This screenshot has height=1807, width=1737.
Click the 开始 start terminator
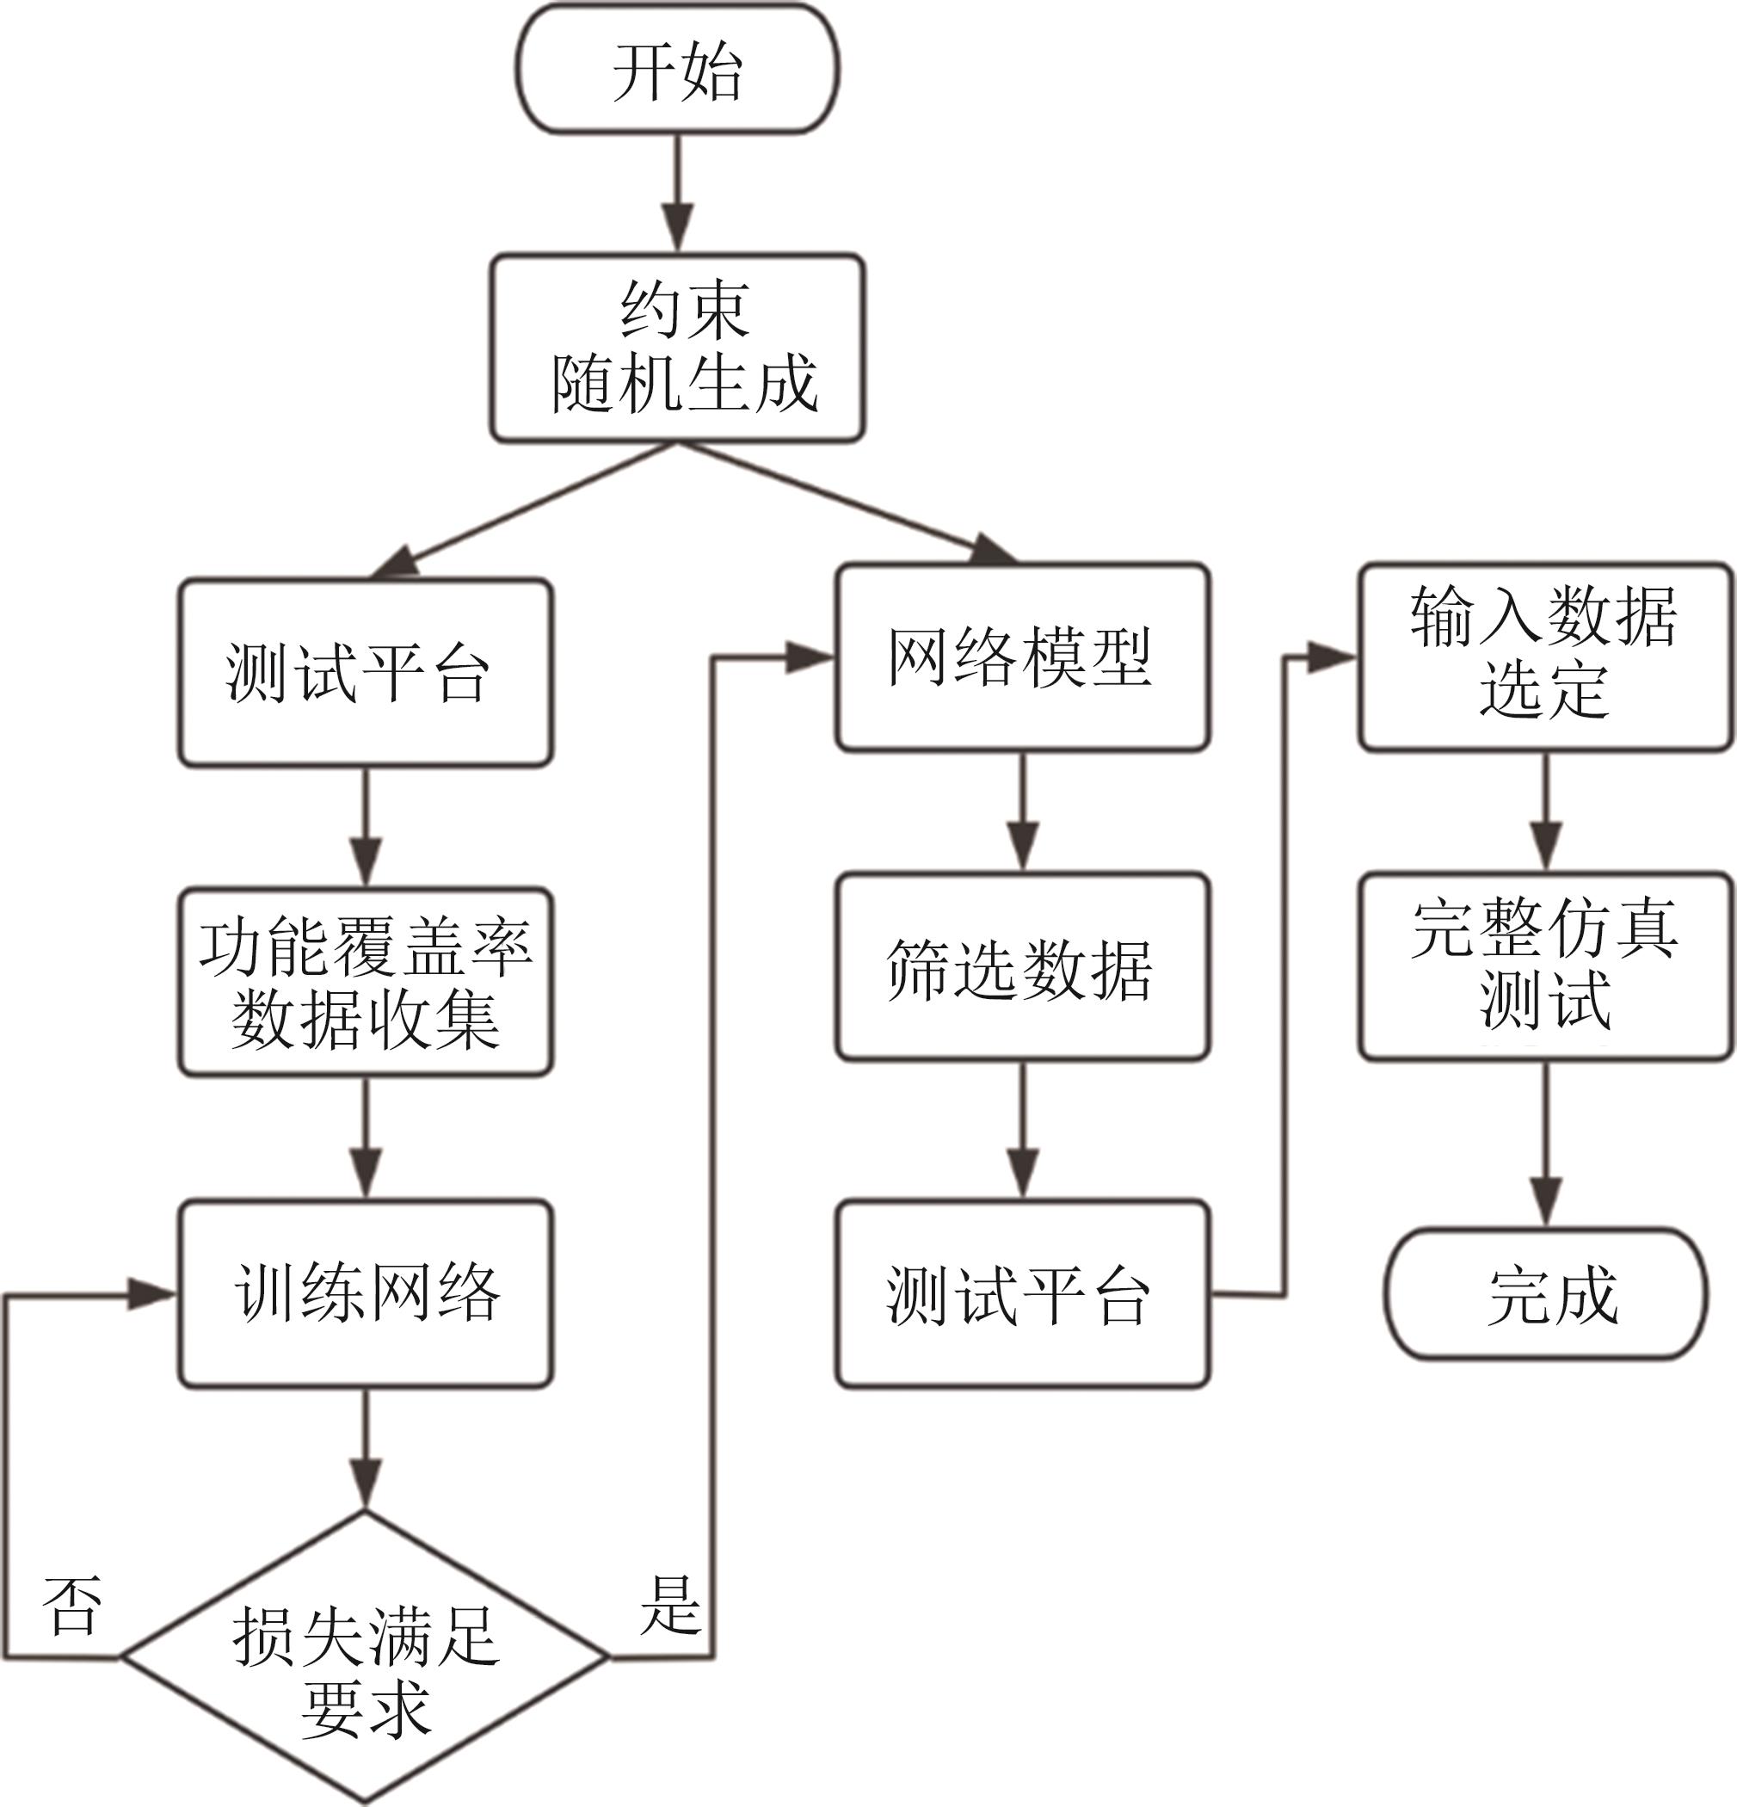678,70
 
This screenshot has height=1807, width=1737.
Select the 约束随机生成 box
678,348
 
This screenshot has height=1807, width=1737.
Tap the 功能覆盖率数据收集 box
366,982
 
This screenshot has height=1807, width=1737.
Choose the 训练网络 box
366,1293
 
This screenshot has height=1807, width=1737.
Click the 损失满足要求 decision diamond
366,1656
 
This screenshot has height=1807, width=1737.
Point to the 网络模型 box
1022,657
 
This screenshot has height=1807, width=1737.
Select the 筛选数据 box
1022,967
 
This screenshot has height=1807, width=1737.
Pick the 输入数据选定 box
1545,657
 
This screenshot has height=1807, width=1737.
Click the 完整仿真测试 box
1545,967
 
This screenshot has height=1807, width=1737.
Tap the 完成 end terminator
1545,1293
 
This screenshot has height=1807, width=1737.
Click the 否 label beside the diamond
72,1608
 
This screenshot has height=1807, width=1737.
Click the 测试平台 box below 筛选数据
1022,1293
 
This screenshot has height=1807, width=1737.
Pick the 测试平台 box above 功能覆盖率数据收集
366,672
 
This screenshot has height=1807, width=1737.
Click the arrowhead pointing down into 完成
1545,1202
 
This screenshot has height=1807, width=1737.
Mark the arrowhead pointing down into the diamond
366,1485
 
